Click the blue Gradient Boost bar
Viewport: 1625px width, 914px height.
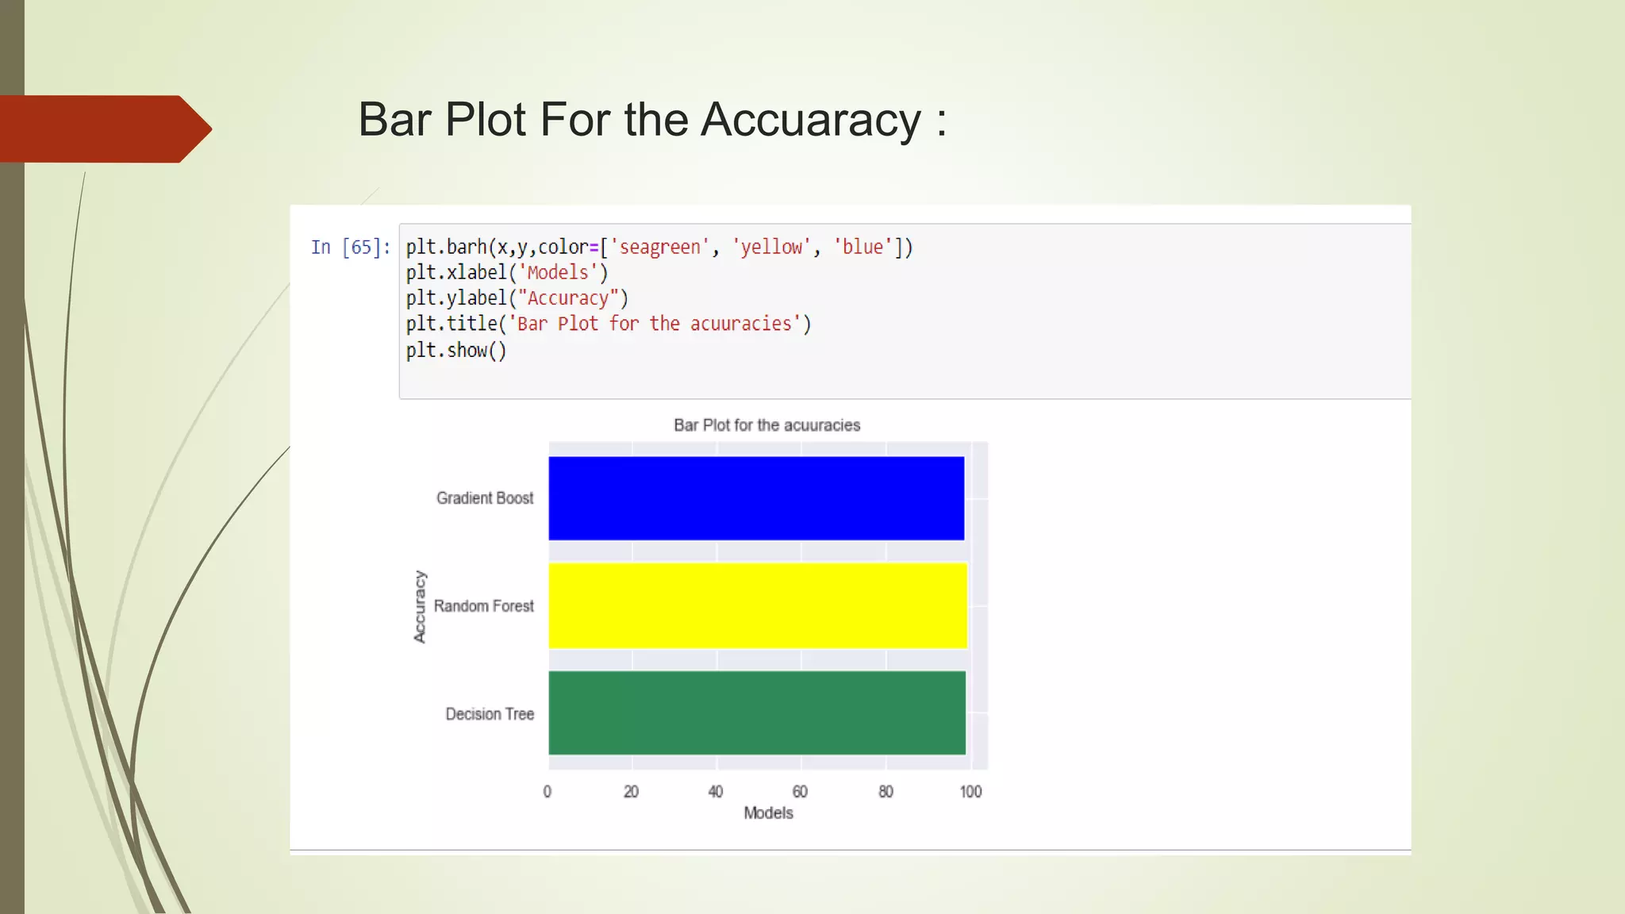coord(756,498)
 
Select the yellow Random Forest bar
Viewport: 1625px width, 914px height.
coord(758,605)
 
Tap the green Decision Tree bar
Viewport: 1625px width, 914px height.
coord(757,712)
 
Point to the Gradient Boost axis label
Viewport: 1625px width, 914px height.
coord(485,498)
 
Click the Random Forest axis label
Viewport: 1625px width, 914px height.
coord(484,606)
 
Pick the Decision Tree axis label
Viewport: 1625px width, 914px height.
coord(490,714)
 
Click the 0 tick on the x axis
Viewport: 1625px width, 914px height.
coord(547,792)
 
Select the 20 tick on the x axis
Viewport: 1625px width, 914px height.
coord(632,792)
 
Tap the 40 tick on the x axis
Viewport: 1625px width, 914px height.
coord(716,792)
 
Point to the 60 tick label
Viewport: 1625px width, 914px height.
coord(800,792)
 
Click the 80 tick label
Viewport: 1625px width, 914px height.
coord(885,792)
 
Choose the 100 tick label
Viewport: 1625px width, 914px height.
coord(970,792)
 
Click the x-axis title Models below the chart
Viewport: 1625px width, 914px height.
coord(768,813)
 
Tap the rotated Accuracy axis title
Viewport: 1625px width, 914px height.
coord(420,607)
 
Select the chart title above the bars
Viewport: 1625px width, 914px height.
coord(766,425)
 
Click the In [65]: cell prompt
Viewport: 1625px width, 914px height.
coord(350,248)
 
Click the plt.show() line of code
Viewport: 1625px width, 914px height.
coord(456,351)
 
